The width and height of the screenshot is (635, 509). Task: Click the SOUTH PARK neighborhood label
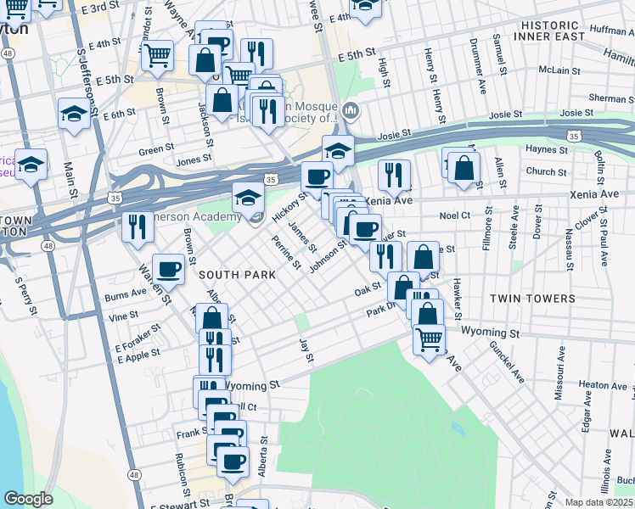coord(238,275)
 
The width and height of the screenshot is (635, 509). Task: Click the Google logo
coord(28,499)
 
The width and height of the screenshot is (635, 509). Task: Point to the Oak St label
coord(367,291)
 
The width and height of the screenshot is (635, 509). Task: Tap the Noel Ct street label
coord(454,216)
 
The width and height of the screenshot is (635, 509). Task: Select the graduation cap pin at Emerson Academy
coord(248,199)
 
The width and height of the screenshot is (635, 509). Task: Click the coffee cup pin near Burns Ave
coord(168,270)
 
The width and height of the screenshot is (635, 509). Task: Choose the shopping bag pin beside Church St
coord(464,169)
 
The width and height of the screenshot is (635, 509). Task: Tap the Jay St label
coord(306,349)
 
